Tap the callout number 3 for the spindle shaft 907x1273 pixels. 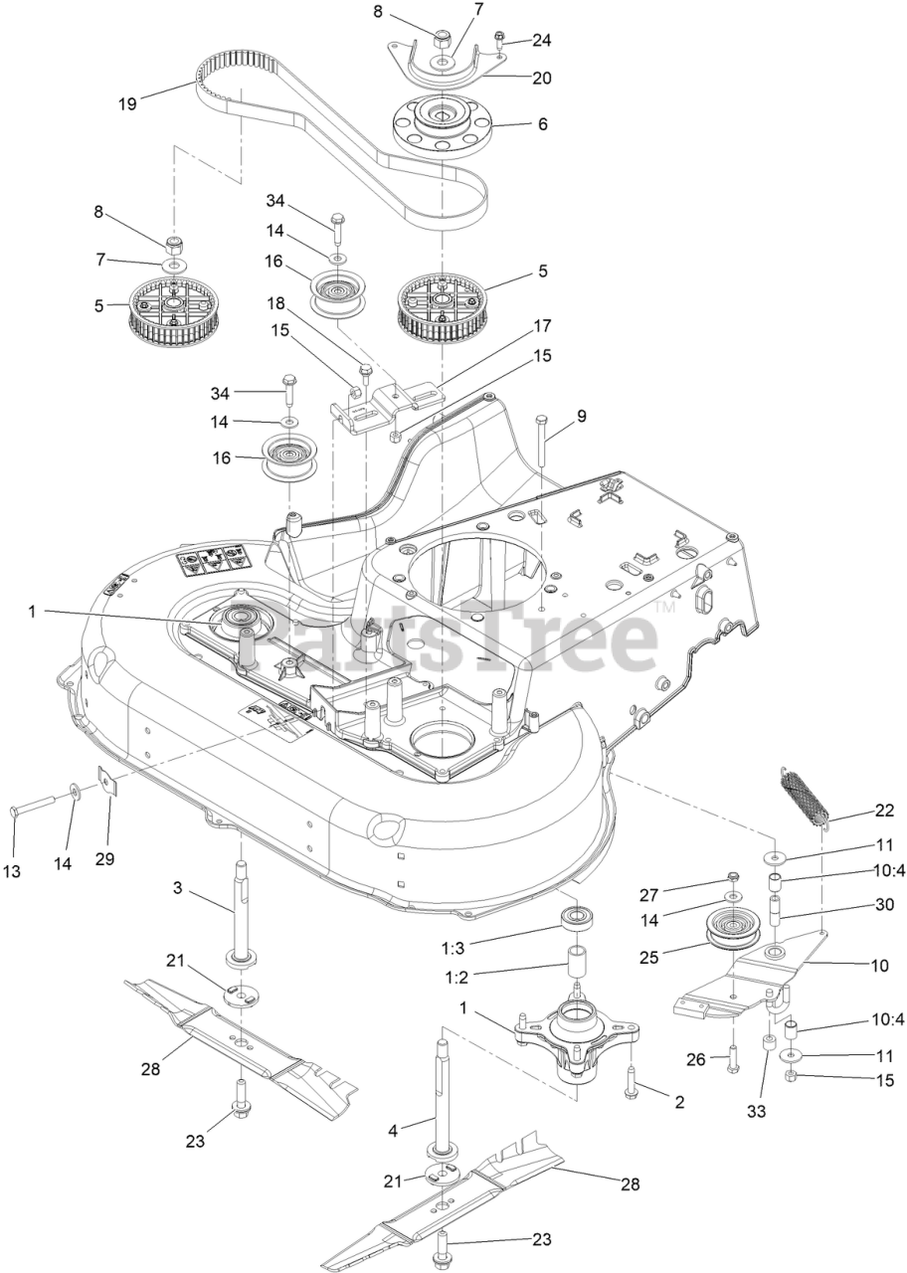click(177, 888)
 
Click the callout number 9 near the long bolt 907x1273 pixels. click(582, 417)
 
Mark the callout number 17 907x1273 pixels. click(542, 325)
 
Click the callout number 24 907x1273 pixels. click(541, 41)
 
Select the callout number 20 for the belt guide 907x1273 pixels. click(542, 78)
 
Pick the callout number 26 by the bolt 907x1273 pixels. click(695, 1059)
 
